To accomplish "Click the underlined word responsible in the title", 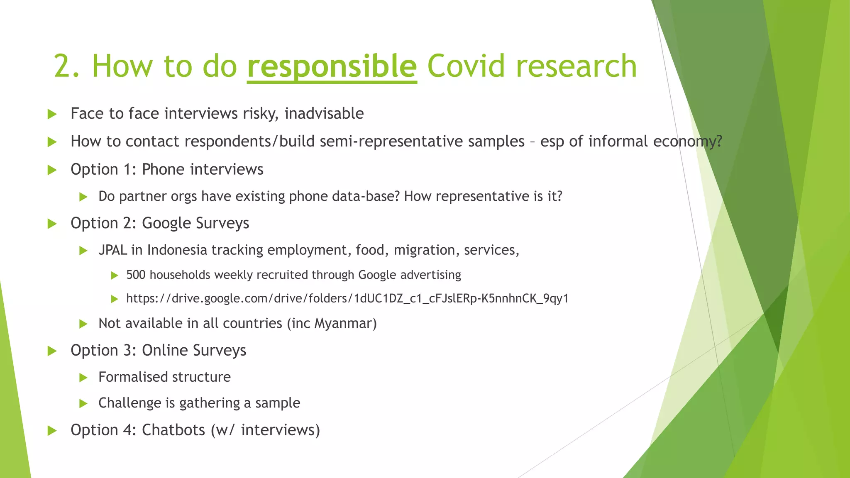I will pos(332,66).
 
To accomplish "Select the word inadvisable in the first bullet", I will pos(324,113).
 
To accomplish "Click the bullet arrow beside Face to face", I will pos(52,114).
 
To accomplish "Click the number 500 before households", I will pos(136,275).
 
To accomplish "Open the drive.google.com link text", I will pos(347,299).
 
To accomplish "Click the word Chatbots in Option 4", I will pos(173,430).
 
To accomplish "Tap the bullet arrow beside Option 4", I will pos(52,431).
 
